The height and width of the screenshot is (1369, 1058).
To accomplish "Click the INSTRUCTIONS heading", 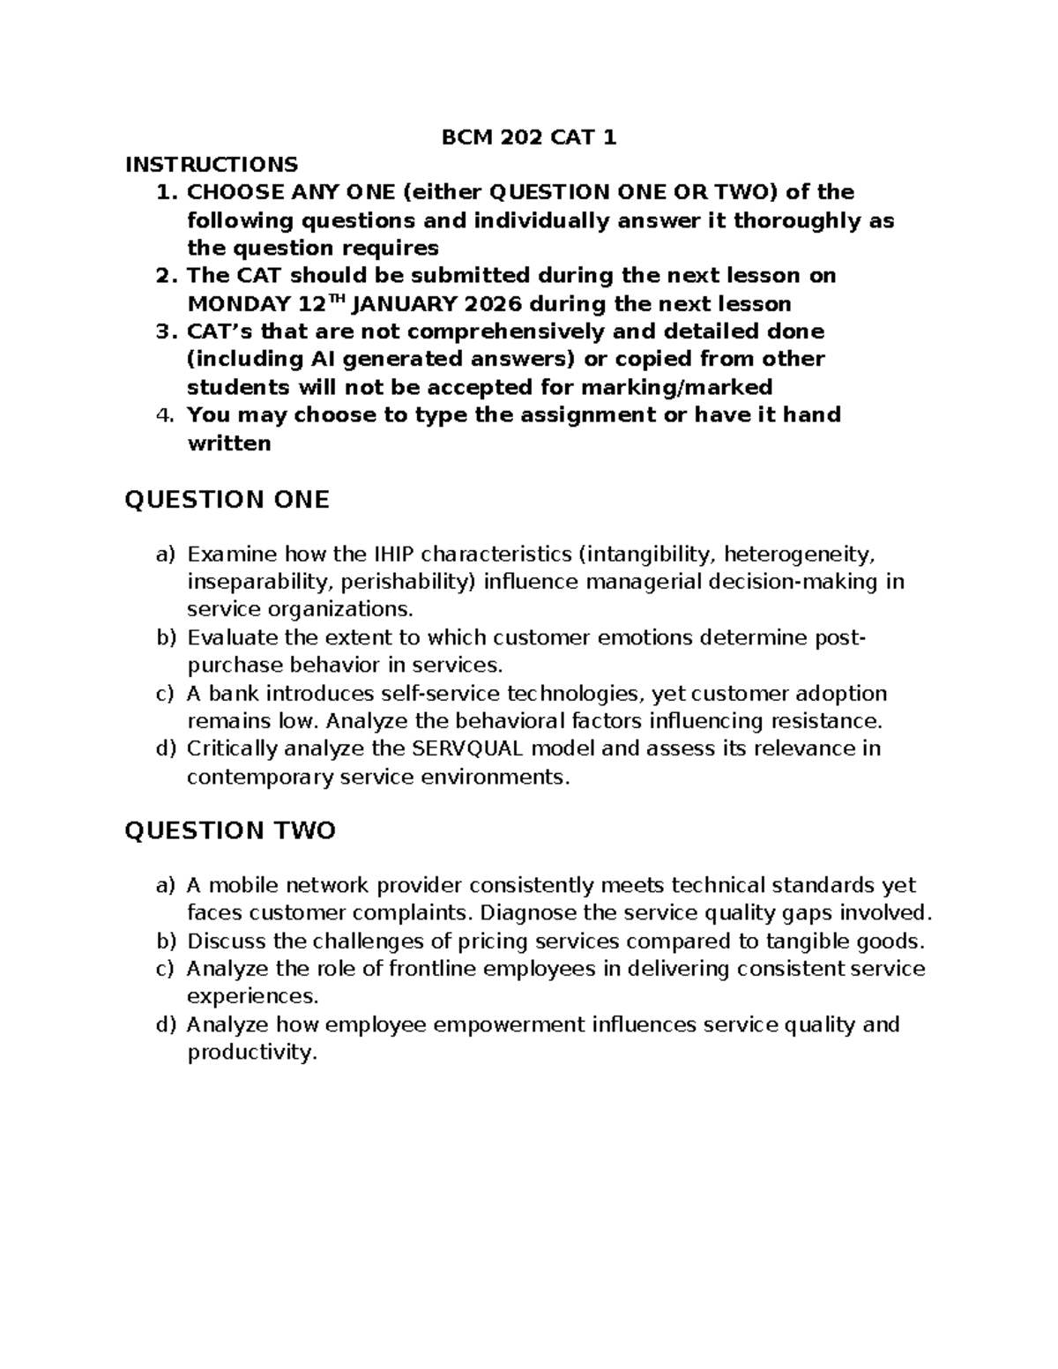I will coord(212,164).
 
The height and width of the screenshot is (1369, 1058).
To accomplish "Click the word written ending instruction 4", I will coord(229,443).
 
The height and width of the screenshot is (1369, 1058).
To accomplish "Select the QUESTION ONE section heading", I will coord(227,500).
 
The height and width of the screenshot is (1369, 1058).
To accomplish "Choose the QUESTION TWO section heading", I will coord(230,830).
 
